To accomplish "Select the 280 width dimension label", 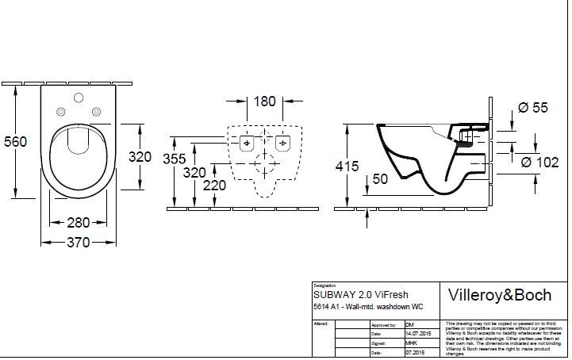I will coord(77,224).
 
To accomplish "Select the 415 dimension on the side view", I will coord(347,167).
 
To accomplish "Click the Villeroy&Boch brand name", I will coord(500,296).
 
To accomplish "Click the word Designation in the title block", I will coord(325,284).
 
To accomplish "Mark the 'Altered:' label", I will coord(321,325).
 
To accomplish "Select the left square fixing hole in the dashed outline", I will coord(248,144).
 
